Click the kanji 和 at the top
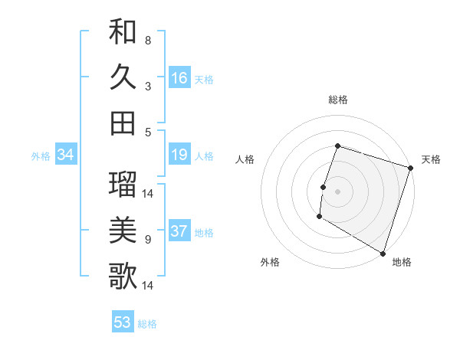pyautogui.click(x=123, y=32)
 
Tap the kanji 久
pyautogui.click(x=123, y=77)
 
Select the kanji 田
pyautogui.click(x=123, y=123)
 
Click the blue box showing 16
pyautogui.click(x=179, y=78)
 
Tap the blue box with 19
pyautogui.click(x=179, y=155)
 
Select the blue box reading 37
pyautogui.click(x=179, y=232)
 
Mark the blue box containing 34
pyautogui.click(x=66, y=155)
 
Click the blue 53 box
pyautogui.click(x=123, y=322)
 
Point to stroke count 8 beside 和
pyautogui.click(x=147, y=40)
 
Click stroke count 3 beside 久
pyautogui.click(x=147, y=87)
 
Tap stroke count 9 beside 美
pyautogui.click(x=147, y=240)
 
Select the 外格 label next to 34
pyautogui.click(x=41, y=156)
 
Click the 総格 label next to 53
pyautogui.click(x=147, y=324)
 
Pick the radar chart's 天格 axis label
pyautogui.click(x=431, y=159)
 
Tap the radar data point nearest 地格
pyautogui.click(x=382, y=252)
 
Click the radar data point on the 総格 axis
pyautogui.click(x=337, y=146)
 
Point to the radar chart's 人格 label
pyautogui.click(x=245, y=159)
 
